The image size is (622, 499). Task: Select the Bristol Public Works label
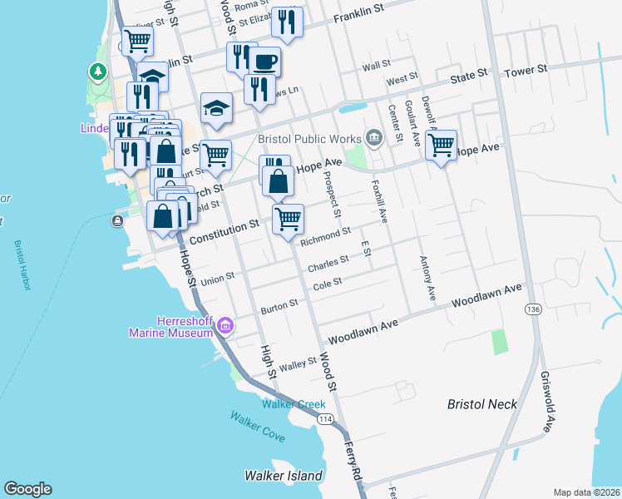click(x=309, y=138)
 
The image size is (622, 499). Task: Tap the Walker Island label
click(x=283, y=476)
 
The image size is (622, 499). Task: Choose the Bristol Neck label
click(x=482, y=404)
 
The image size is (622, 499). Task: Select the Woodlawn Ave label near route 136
click(x=486, y=295)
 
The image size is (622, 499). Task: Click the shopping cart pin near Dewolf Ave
click(x=442, y=146)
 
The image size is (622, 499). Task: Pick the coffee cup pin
click(x=265, y=62)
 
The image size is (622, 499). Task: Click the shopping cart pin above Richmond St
click(x=288, y=219)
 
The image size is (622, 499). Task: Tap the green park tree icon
click(x=99, y=72)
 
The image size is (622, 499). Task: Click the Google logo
click(x=27, y=489)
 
